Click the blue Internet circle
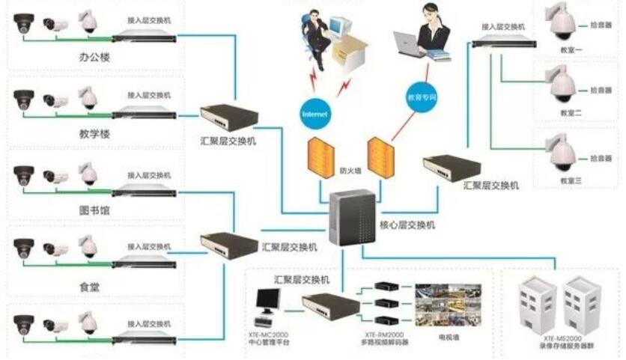coord(314,114)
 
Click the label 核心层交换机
coord(409,225)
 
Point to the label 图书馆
coord(95,210)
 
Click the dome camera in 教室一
coord(562,25)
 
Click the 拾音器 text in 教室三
coord(601,159)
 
